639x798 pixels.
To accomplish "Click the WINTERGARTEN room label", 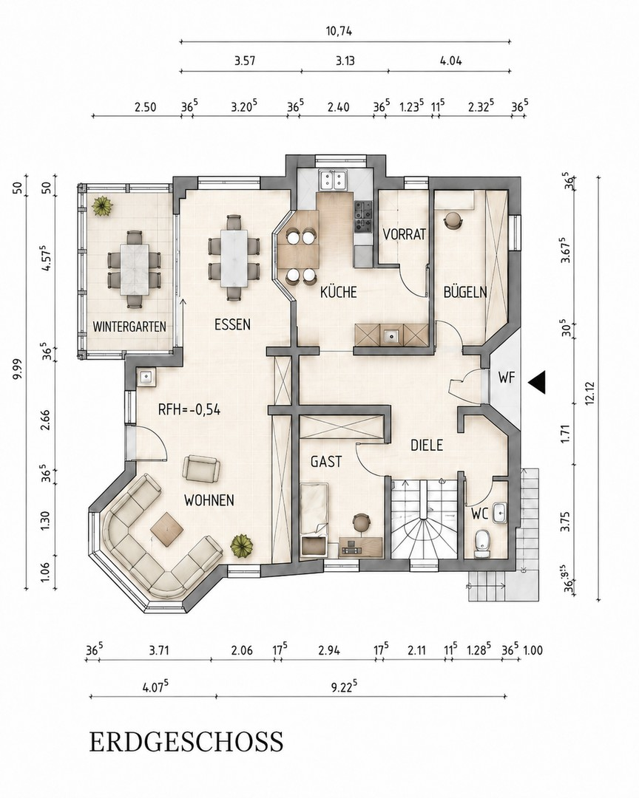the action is pos(129,327).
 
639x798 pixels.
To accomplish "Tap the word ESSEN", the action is pos(232,324).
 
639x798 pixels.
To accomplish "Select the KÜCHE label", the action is pos(338,292).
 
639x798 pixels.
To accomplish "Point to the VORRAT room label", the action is pos(404,235).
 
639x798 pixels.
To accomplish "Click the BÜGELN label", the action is pos(465,292).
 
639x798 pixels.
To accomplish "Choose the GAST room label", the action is pos(326,462).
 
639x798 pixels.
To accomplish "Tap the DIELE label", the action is pos(427,446).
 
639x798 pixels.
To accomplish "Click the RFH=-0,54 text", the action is pos(189,409).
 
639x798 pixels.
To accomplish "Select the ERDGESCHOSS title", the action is pos(186,742).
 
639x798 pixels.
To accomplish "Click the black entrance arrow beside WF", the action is pos(536,381).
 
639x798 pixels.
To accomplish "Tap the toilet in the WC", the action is pos(481,543).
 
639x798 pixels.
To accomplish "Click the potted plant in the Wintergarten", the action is pos(104,207).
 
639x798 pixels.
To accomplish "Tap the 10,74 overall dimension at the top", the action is pos(339,31).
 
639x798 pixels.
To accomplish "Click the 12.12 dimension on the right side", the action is pos(591,391).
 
